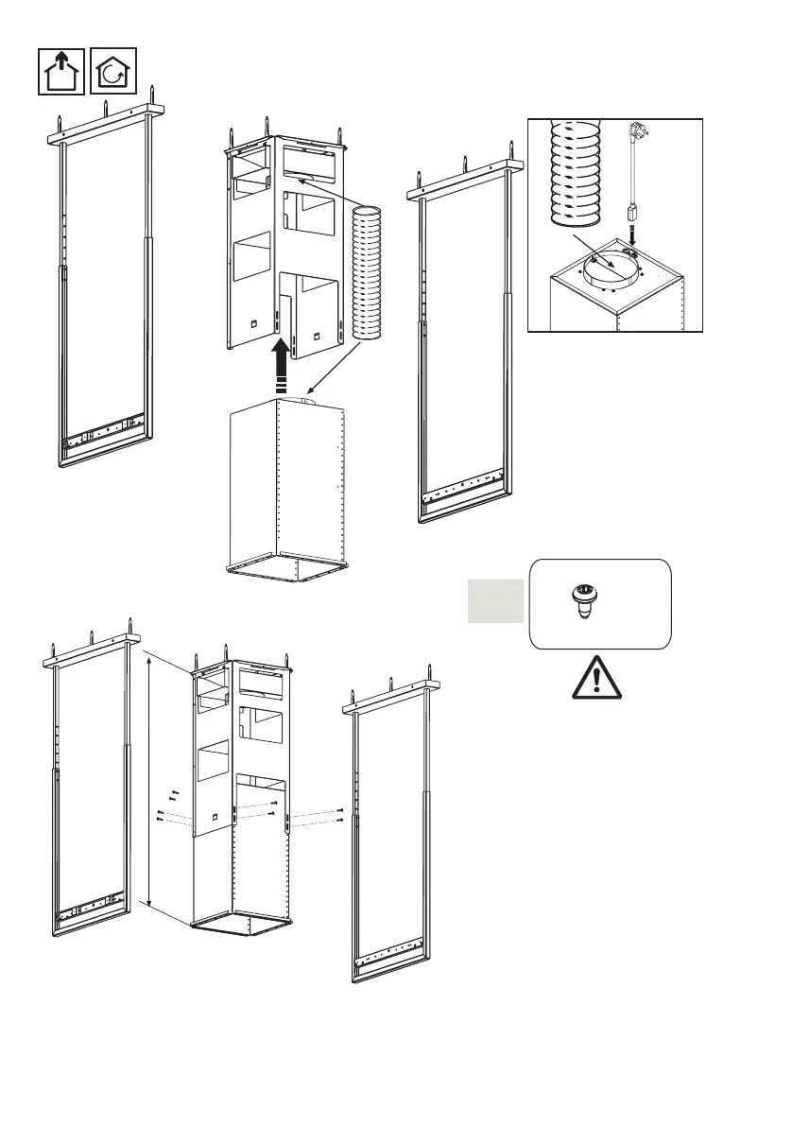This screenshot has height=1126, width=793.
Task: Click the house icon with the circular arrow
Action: pos(113,71)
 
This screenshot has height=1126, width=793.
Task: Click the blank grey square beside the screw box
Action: pos(494,601)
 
